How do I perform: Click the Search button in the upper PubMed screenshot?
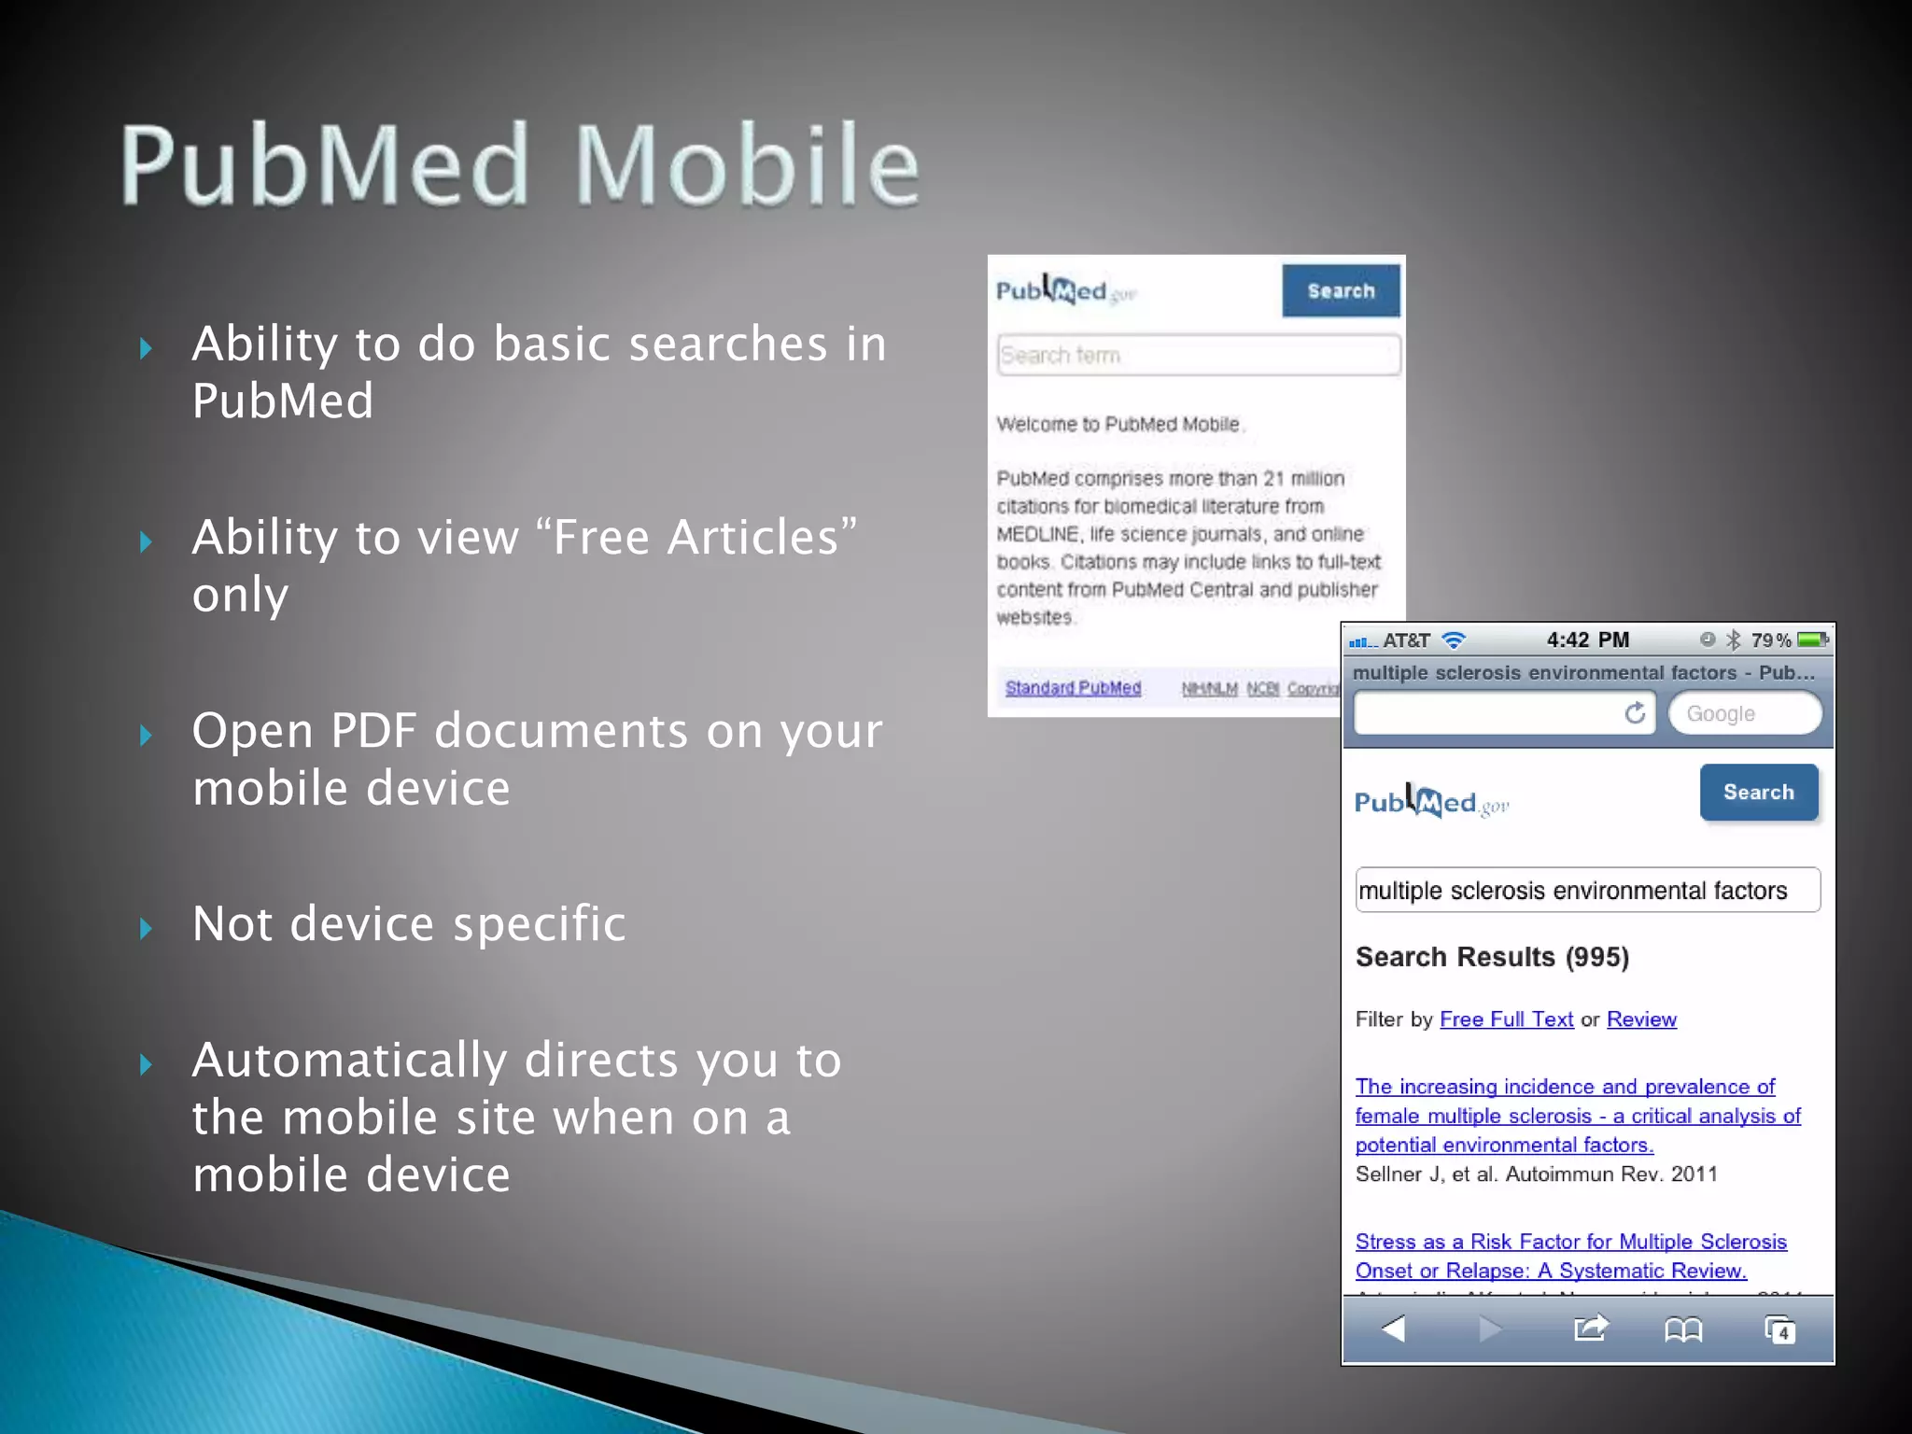(1341, 291)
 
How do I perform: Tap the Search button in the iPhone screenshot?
(1759, 793)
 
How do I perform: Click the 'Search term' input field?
(1199, 356)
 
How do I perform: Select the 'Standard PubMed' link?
(1073, 688)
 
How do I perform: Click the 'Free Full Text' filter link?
(1506, 1019)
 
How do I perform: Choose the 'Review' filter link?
(1641, 1019)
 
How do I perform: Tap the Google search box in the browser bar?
(1744, 714)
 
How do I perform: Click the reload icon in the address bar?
(1635, 714)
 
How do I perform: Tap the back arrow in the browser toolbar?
(1394, 1329)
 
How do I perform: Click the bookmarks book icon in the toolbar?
(1683, 1329)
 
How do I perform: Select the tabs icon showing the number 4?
(1779, 1329)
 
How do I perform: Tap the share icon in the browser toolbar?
(1591, 1328)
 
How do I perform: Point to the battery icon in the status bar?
(1812, 640)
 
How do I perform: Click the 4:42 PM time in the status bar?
(1587, 640)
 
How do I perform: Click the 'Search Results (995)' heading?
(1492, 957)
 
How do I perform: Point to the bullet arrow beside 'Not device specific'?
(146, 928)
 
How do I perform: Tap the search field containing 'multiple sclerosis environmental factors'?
(1586, 891)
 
